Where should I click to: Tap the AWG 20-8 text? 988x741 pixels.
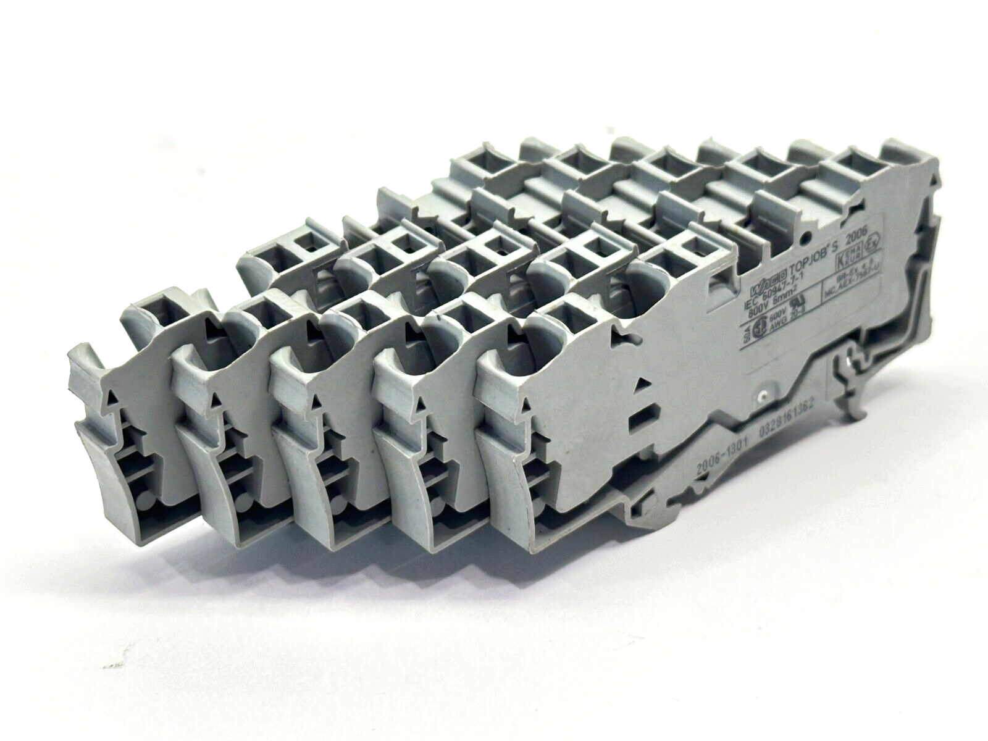pyautogui.click(x=787, y=326)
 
